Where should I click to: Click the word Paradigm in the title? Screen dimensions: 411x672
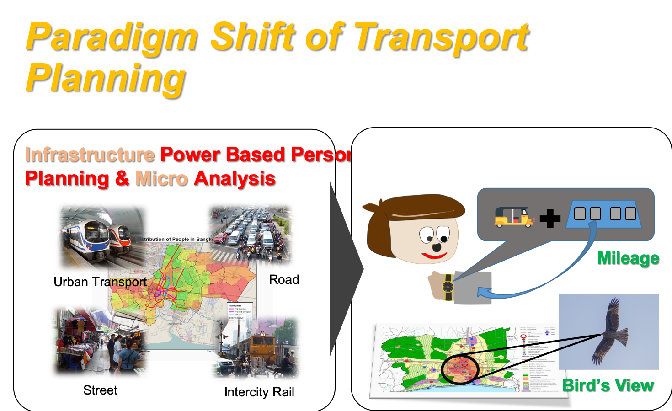point(111,37)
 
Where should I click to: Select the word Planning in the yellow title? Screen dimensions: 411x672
point(105,78)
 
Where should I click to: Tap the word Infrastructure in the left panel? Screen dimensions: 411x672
point(90,155)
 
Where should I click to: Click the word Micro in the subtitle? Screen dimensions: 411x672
point(161,179)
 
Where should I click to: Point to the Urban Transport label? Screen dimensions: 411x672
point(100,282)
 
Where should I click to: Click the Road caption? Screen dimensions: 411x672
point(284,279)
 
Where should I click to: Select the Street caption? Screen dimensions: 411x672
point(100,390)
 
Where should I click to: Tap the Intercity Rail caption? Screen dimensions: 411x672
point(259,392)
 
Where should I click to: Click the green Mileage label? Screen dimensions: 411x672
point(628,258)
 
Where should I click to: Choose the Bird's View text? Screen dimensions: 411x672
point(608,385)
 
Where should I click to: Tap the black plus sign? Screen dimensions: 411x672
point(549,218)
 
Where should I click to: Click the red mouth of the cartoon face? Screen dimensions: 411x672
point(433,255)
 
